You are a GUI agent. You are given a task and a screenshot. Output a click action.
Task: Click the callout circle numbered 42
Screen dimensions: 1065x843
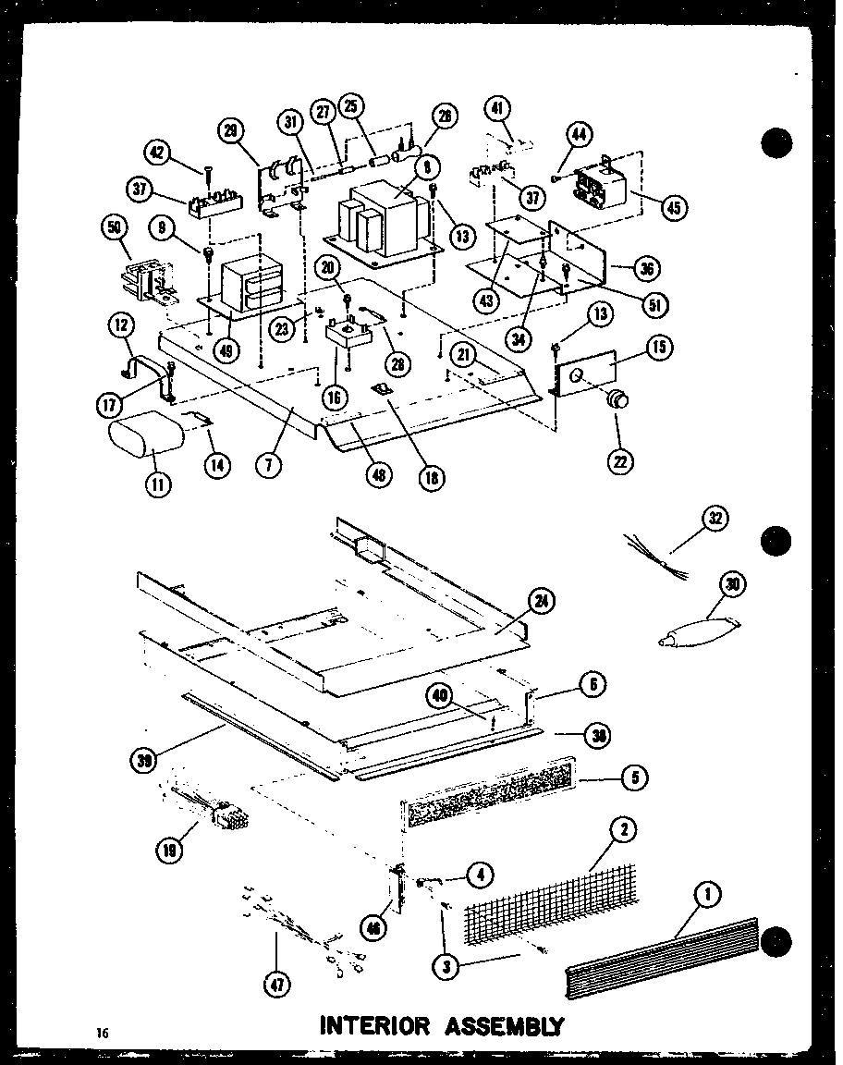pos(159,153)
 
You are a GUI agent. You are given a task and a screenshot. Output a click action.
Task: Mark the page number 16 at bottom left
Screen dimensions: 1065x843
pos(102,1033)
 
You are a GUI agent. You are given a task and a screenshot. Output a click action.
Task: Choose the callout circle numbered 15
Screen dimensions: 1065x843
pos(659,349)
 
